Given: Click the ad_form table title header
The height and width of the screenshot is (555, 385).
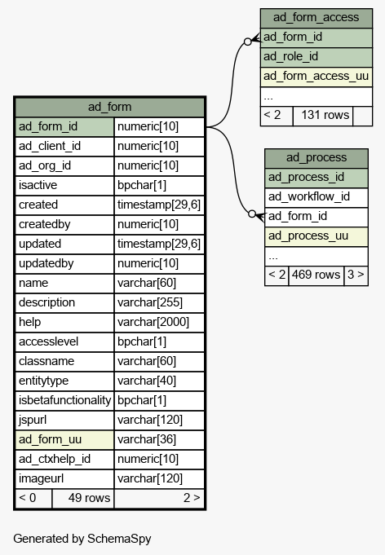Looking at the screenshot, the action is (x=109, y=107).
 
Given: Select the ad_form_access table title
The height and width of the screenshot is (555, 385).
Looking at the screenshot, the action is (x=316, y=17).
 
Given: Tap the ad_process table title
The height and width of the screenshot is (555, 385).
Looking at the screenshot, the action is (x=316, y=157).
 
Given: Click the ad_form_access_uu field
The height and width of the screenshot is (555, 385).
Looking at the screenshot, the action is (x=316, y=76).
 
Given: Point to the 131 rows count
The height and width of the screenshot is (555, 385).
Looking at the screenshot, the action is (x=325, y=115).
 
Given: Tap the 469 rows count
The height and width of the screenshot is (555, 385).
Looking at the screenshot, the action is (x=316, y=275).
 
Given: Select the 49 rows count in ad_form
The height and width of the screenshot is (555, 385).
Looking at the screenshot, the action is (x=89, y=498).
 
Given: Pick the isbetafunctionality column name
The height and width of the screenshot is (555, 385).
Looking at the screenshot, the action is (x=64, y=400).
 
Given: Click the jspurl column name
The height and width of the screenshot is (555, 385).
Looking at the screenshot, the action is (x=33, y=420).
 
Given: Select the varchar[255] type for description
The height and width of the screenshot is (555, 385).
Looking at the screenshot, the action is (x=150, y=302).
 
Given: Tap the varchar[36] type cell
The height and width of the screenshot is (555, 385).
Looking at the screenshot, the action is (x=147, y=439).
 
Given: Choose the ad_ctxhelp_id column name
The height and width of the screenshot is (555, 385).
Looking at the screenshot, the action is (x=55, y=459).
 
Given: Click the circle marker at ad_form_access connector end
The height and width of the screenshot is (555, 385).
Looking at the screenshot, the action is (x=248, y=42).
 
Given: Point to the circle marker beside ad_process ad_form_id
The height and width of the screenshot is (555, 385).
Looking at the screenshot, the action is (x=252, y=214).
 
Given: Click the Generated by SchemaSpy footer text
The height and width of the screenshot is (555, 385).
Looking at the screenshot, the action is (x=82, y=539).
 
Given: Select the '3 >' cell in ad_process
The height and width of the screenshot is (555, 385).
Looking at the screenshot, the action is (x=356, y=275).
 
